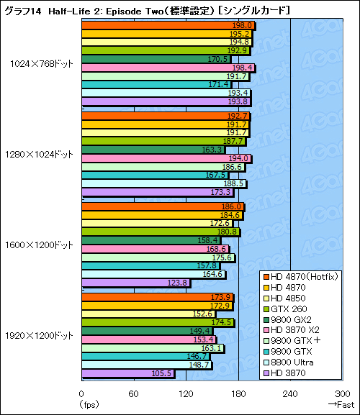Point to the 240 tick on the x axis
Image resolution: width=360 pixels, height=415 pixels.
point(290,393)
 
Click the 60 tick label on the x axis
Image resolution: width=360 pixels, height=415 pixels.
point(133,393)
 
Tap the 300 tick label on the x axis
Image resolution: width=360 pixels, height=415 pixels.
point(342,393)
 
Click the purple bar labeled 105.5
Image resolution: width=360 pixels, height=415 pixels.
point(127,373)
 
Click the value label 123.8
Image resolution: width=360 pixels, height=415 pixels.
point(178,283)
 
